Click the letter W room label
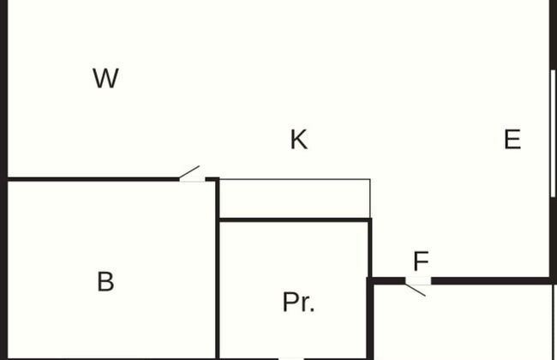(x=105, y=79)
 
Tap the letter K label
(x=298, y=140)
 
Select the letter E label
(x=512, y=140)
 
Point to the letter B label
(x=105, y=282)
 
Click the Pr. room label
(x=298, y=303)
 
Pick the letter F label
(x=421, y=262)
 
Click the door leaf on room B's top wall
(x=189, y=172)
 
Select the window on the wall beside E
(x=553, y=133)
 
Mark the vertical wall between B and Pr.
(x=218, y=283)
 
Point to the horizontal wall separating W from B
(x=94, y=179)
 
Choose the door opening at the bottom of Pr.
(x=291, y=357)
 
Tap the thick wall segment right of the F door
(x=488, y=280)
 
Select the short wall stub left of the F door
(x=387, y=280)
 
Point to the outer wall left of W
(x=3, y=86)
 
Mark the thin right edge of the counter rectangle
(x=369, y=199)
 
